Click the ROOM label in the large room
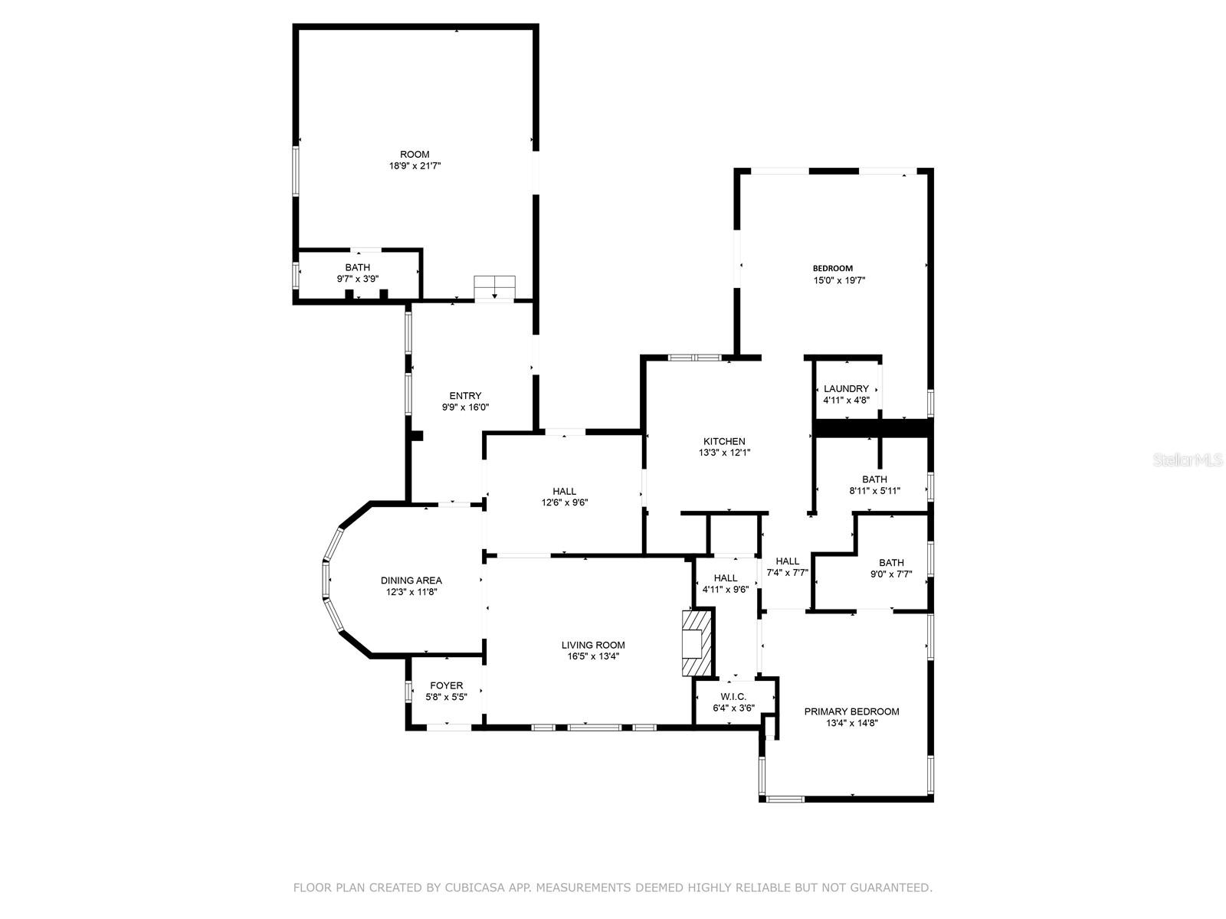(415, 155)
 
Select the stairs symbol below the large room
(495, 287)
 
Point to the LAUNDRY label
(846, 389)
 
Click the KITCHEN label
(724, 442)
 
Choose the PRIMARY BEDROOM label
(851, 712)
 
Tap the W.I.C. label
(733, 697)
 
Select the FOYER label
(446, 686)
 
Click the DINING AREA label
(411, 581)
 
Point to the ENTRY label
(465, 396)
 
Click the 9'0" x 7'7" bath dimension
(891, 574)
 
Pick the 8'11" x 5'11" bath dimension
(874, 492)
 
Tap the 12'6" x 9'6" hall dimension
(564, 503)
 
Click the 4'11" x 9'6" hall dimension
(726, 590)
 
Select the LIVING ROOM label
(593, 646)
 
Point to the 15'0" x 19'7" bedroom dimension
(839, 280)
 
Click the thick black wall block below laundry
(872, 428)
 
